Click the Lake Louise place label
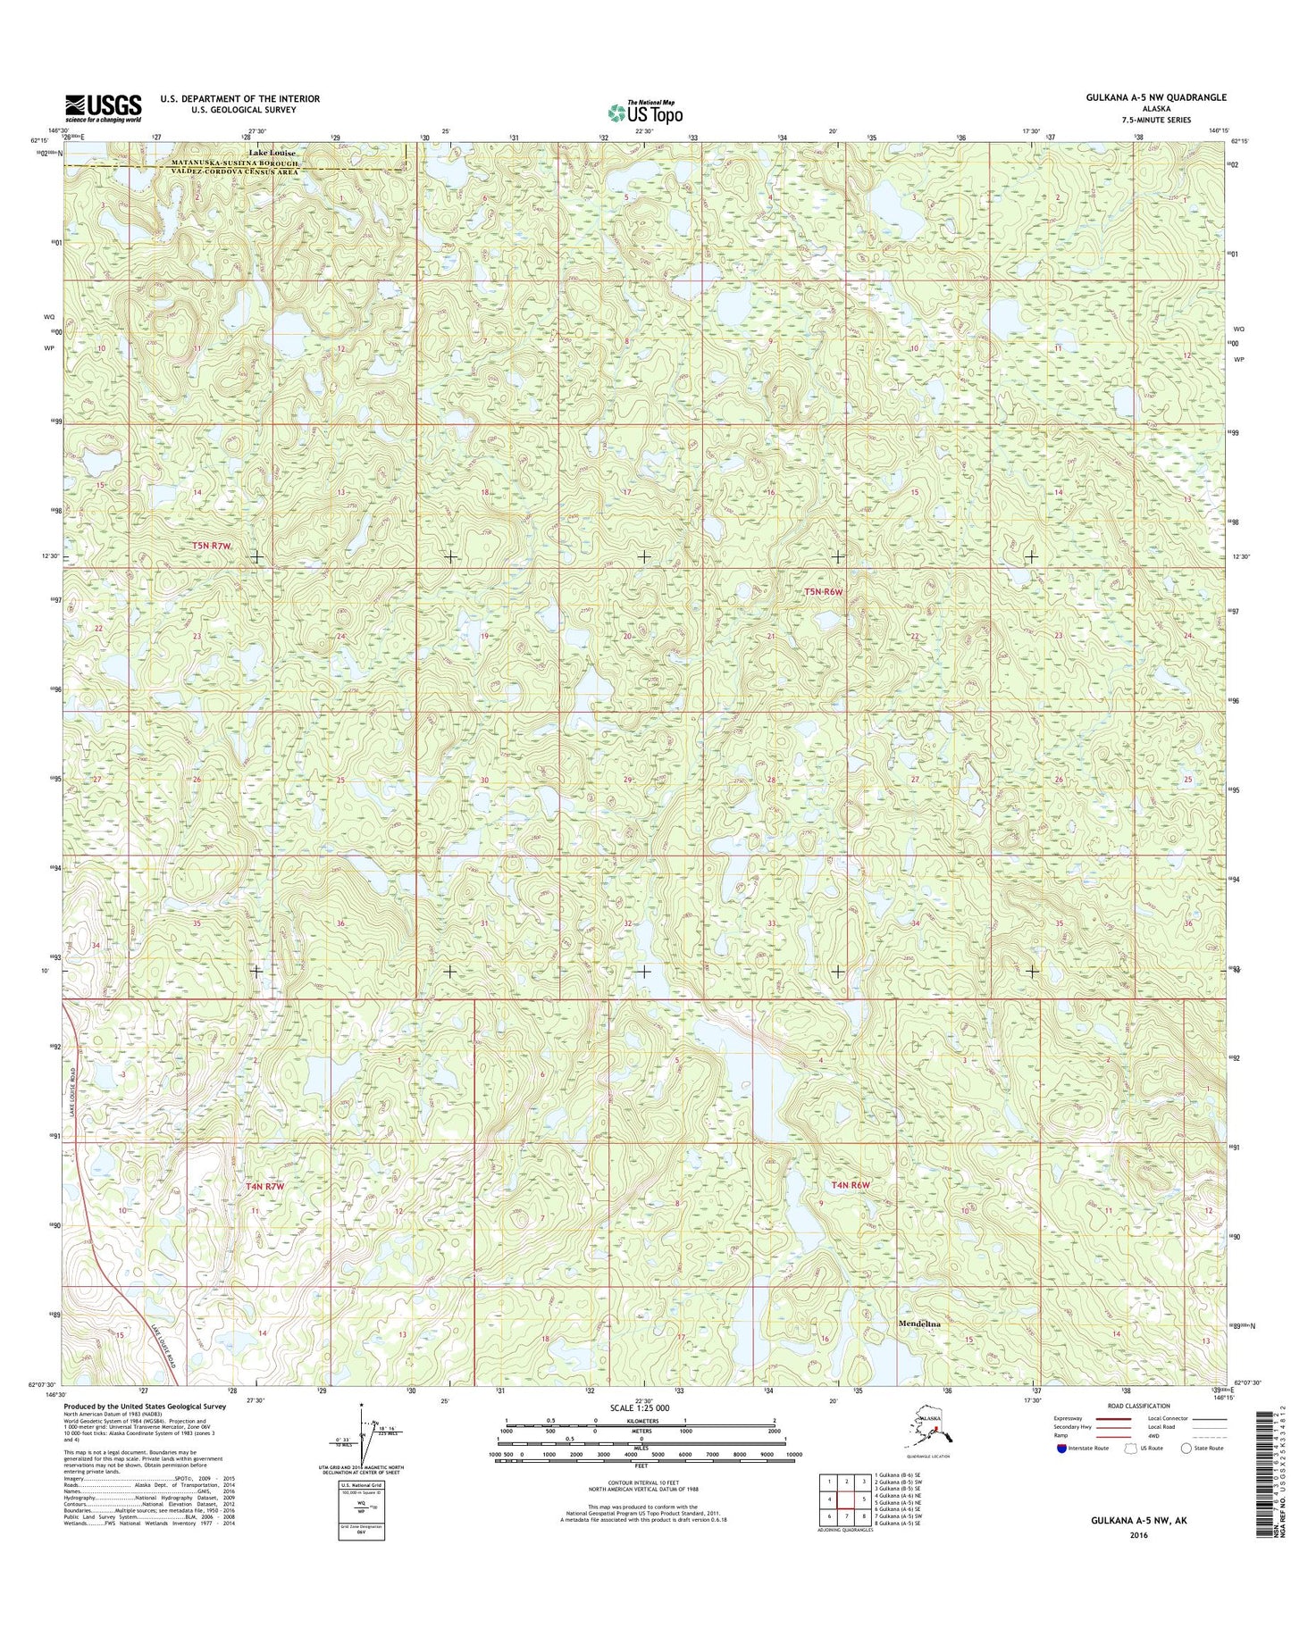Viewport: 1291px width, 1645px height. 272,153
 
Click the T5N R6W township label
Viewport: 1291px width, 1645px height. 824,591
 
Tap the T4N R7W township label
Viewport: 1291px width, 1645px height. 264,1186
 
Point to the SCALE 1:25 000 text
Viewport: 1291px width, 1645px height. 644,1408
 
